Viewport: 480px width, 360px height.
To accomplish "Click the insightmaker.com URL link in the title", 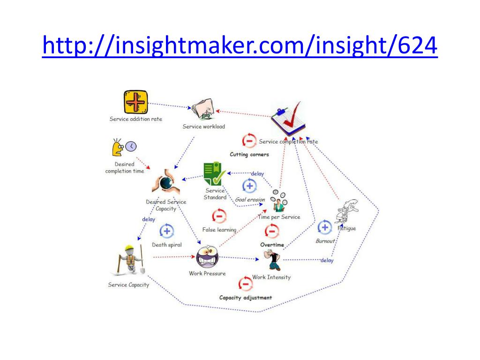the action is coord(240,46).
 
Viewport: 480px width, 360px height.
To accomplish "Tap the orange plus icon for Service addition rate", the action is coord(135,102).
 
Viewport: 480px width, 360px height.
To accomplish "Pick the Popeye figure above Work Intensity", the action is coord(272,260).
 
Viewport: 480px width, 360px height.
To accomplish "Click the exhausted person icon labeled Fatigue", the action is coord(347,211).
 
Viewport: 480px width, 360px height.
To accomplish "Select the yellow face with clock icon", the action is coord(123,148).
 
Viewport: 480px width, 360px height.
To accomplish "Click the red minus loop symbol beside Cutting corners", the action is coord(249,141).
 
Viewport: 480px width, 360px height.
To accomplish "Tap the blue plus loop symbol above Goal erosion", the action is coord(249,186).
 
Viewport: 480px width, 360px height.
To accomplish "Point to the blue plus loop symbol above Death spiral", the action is coord(167,231).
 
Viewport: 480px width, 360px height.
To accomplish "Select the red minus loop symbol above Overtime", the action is coord(272,231).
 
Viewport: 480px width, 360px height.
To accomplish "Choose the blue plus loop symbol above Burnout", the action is coord(325,227).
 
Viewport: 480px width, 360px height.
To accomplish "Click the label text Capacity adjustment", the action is coord(245,298).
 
